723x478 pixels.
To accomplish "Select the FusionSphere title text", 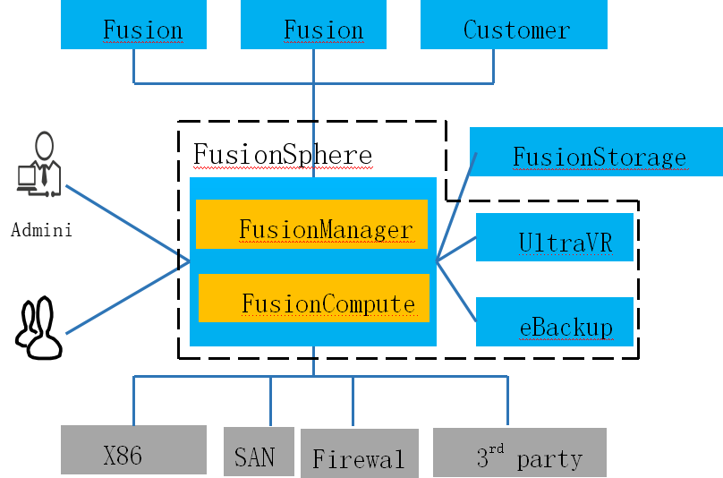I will click(x=282, y=155).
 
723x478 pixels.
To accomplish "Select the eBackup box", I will click(x=554, y=321).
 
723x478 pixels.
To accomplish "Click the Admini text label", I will click(x=41, y=230).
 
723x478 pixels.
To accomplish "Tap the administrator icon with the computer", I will click(x=38, y=165).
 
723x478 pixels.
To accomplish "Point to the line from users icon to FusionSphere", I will click(x=125, y=299).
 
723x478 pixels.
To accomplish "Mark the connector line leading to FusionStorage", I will click(x=456, y=207).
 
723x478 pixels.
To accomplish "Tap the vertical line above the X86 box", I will click(x=134, y=400).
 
